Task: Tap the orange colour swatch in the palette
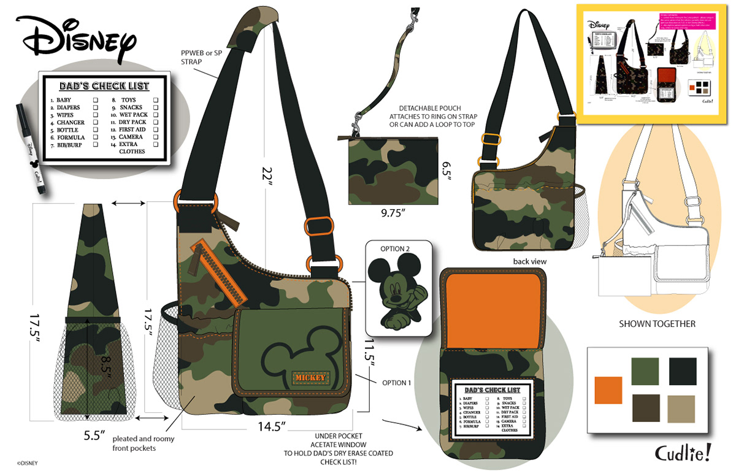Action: click(x=608, y=390)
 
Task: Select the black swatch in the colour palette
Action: click(x=682, y=372)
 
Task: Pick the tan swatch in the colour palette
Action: click(x=682, y=409)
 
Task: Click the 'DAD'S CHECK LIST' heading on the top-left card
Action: click(x=104, y=86)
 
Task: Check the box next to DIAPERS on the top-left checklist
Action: click(x=96, y=107)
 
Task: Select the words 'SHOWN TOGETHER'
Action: click(x=657, y=324)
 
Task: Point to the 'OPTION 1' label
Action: click(x=395, y=383)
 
